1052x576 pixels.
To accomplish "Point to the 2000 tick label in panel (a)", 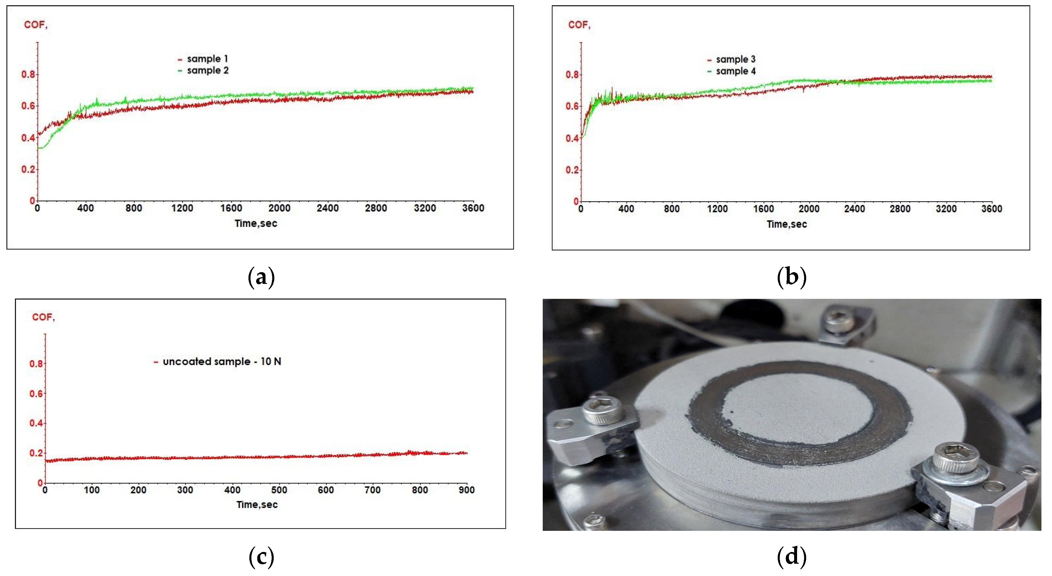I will coord(279,208).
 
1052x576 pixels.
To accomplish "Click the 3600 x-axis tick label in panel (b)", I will coord(992,209).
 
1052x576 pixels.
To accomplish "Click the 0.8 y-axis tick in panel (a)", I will coord(28,74).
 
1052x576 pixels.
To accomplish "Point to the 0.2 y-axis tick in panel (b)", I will coord(572,170).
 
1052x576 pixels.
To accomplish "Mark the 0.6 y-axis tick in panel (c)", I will coord(36,394).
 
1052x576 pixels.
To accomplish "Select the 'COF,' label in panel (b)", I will coord(579,25).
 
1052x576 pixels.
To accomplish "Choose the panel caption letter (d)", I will coord(791,557).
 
